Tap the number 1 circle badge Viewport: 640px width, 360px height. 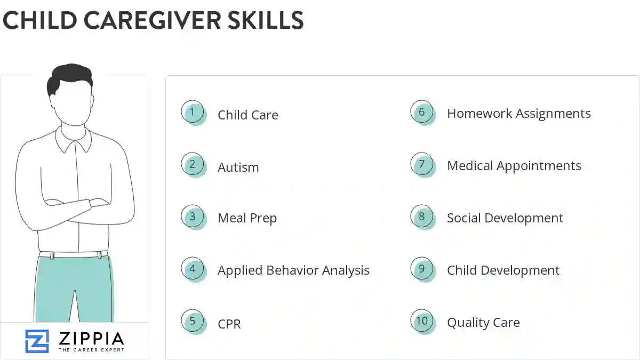[193, 113]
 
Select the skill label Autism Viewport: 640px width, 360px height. [238, 167]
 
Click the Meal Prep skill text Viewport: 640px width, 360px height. [247, 218]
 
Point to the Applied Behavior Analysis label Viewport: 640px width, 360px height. [293, 270]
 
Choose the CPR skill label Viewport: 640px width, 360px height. [229, 324]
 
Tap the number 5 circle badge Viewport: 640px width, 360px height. [193, 322]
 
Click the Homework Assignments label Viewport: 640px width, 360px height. [518, 114]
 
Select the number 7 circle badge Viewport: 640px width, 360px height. [422, 164]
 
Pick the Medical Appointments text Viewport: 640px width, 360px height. [514, 166]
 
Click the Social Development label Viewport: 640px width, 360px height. [505, 218]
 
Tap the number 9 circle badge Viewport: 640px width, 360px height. [422, 269]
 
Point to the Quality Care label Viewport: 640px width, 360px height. [483, 323]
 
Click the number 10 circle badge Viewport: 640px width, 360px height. [422, 321]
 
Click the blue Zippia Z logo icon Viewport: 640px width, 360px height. [37, 341]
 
